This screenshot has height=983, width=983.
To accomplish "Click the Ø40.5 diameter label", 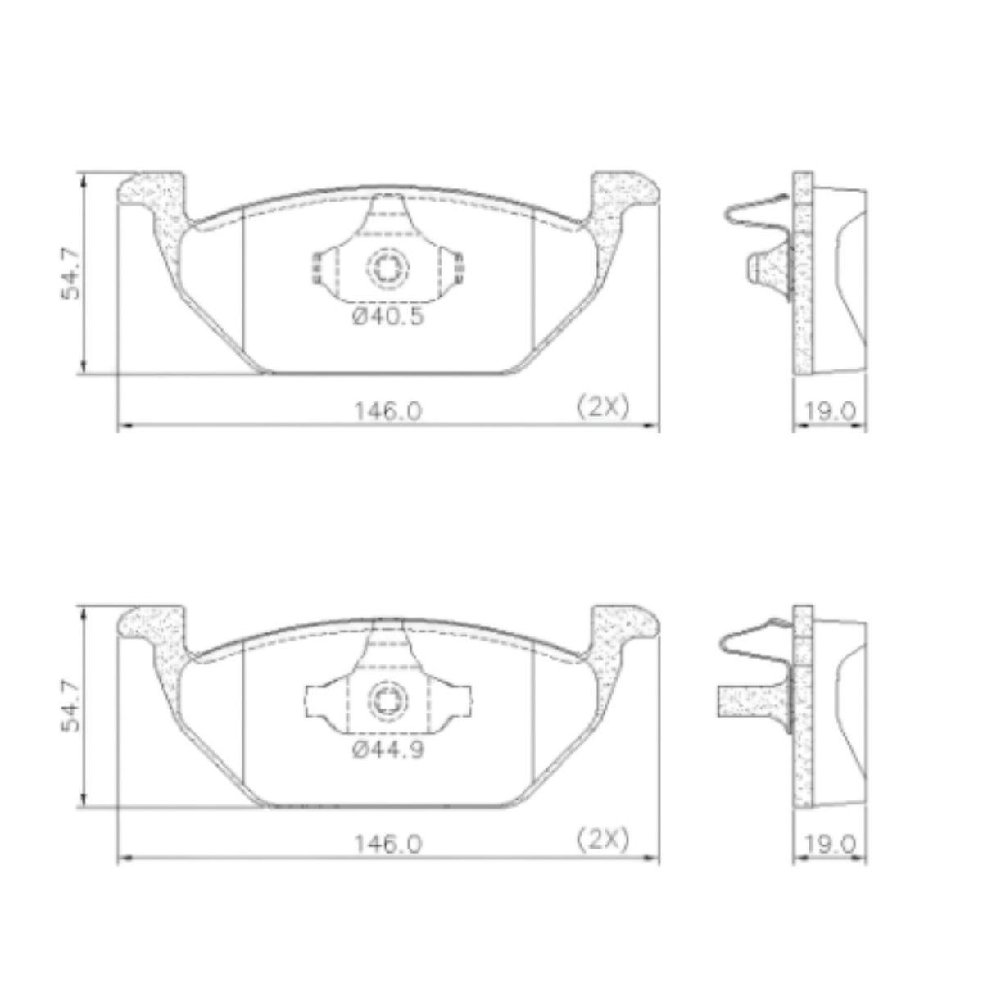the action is point(387,317).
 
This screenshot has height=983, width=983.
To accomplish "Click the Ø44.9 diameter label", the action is point(387,750).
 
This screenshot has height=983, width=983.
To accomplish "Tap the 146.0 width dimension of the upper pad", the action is point(388,410).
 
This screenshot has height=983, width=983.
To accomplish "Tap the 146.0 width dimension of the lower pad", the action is point(388,844).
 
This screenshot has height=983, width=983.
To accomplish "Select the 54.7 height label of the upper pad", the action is point(70,274).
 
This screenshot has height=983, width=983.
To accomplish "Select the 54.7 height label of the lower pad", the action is point(70,706).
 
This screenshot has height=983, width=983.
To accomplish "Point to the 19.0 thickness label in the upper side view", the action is point(830,411).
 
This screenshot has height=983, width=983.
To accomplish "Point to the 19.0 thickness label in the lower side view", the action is point(830,845).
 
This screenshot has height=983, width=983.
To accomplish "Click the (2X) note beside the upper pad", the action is point(603,407).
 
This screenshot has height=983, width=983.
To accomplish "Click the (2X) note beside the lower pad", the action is point(603,840).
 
